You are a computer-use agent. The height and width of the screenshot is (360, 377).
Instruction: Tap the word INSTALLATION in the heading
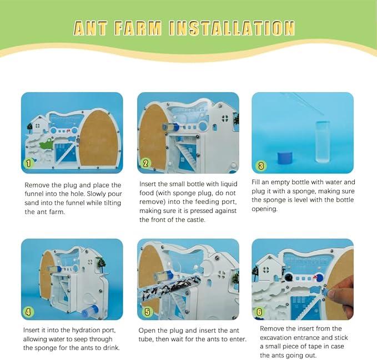[232, 28]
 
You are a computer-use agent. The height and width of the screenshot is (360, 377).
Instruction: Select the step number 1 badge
[28, 163]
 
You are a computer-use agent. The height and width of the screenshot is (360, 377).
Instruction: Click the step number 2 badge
[145, 163]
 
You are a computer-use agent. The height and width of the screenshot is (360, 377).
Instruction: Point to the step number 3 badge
[260, 165]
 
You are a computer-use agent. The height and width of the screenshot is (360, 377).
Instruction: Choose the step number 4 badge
[28, 312]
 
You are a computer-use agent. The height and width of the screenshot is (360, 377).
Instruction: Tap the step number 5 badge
[147, 312]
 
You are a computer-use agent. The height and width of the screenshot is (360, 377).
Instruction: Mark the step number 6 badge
[259, 312]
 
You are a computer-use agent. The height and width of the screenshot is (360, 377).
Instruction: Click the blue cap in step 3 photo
[285, 158]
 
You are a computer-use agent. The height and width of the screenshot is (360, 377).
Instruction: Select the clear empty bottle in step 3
[322, 141]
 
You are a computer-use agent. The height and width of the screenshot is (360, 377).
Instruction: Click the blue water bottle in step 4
[90, 312]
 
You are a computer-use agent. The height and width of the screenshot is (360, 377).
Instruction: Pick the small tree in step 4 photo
[101, 265]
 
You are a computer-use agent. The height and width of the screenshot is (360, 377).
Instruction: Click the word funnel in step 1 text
[36, 194]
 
